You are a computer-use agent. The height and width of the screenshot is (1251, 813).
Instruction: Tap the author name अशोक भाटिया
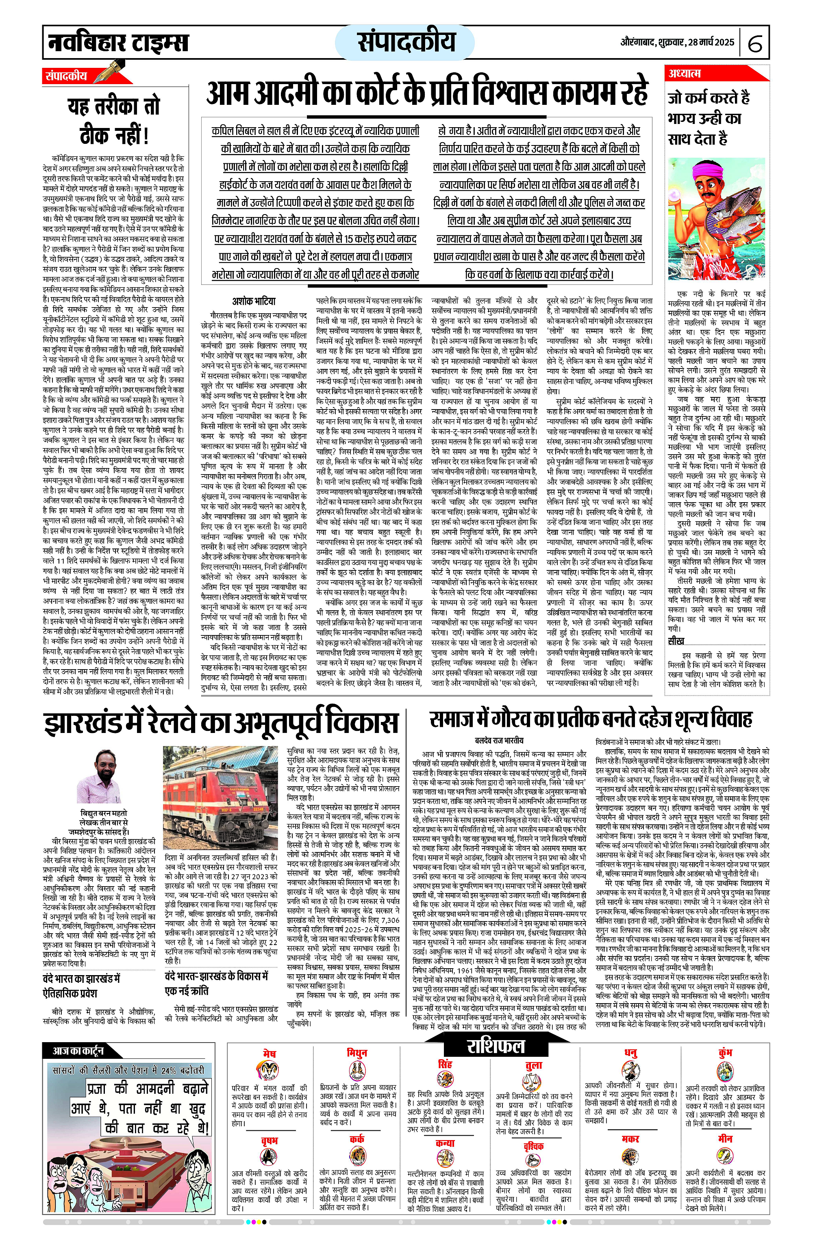pyautogui.click(x=254, y=301)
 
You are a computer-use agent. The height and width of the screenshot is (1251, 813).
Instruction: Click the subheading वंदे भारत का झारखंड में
pyautogui.click(x=82, y=979)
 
